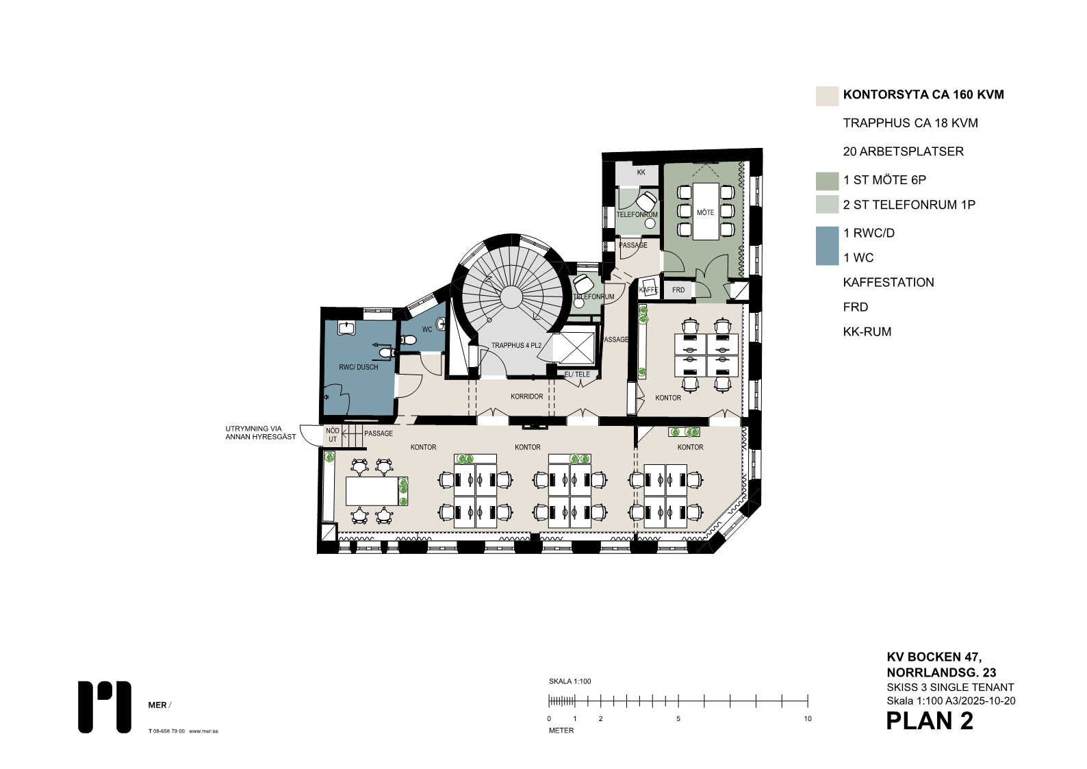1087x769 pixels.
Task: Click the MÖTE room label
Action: click(705, 213)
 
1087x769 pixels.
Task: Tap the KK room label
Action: click(641, 173)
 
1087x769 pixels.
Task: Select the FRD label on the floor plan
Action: click(678, 290)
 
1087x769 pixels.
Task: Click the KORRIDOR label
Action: click(526, 396)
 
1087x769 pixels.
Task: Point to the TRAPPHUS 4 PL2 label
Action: click(516, 346)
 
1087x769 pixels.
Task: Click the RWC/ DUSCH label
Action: click(358, 367)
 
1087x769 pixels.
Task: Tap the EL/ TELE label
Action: click(577, 375)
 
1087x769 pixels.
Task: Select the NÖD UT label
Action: click(333, 435)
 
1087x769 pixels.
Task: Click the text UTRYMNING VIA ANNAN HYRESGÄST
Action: click(261, 433)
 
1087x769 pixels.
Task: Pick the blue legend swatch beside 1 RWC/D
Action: click(827, 246)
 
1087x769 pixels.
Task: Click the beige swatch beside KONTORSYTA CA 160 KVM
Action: click(827, 96)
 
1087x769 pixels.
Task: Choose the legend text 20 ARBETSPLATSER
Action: click(903, 151)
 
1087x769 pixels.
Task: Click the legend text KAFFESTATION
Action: click(888, 283)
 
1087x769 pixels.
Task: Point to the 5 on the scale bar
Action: click(678, 718)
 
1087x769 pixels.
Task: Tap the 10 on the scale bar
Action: click(808, 718)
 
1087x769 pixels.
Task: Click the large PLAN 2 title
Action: click(930, 721)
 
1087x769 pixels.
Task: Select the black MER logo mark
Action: click(104, 707)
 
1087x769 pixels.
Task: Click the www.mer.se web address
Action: click(203, 731)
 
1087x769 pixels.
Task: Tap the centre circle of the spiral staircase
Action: click(511, 297)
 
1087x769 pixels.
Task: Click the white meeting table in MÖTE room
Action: click(706, 211)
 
